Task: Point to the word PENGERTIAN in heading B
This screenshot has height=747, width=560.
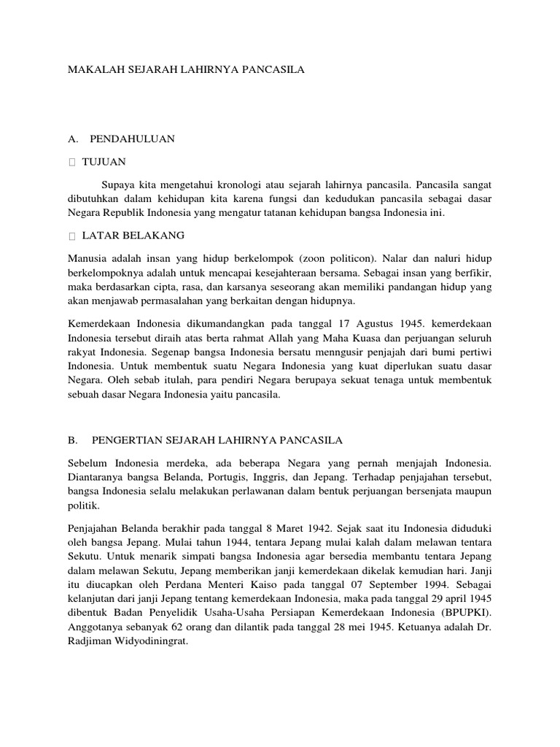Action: pos(126,441)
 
